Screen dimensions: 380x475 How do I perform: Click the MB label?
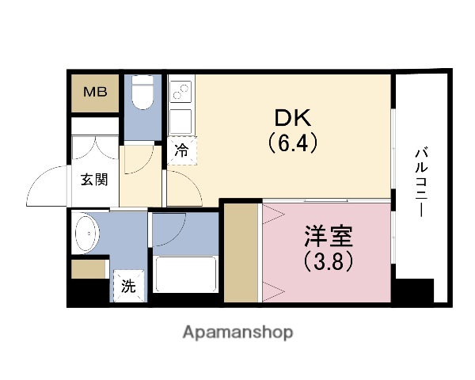click(95, 90)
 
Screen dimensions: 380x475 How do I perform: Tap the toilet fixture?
click(143, 93)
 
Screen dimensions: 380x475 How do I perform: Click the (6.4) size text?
click(294, 144)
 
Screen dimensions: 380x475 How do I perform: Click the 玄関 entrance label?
click(93, 179)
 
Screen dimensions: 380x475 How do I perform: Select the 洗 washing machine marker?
click(128, 286)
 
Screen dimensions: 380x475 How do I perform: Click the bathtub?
click(187, 275)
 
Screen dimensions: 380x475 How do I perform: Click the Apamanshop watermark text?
click(237, 332)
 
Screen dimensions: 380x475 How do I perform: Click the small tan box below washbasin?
click(88, 269)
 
